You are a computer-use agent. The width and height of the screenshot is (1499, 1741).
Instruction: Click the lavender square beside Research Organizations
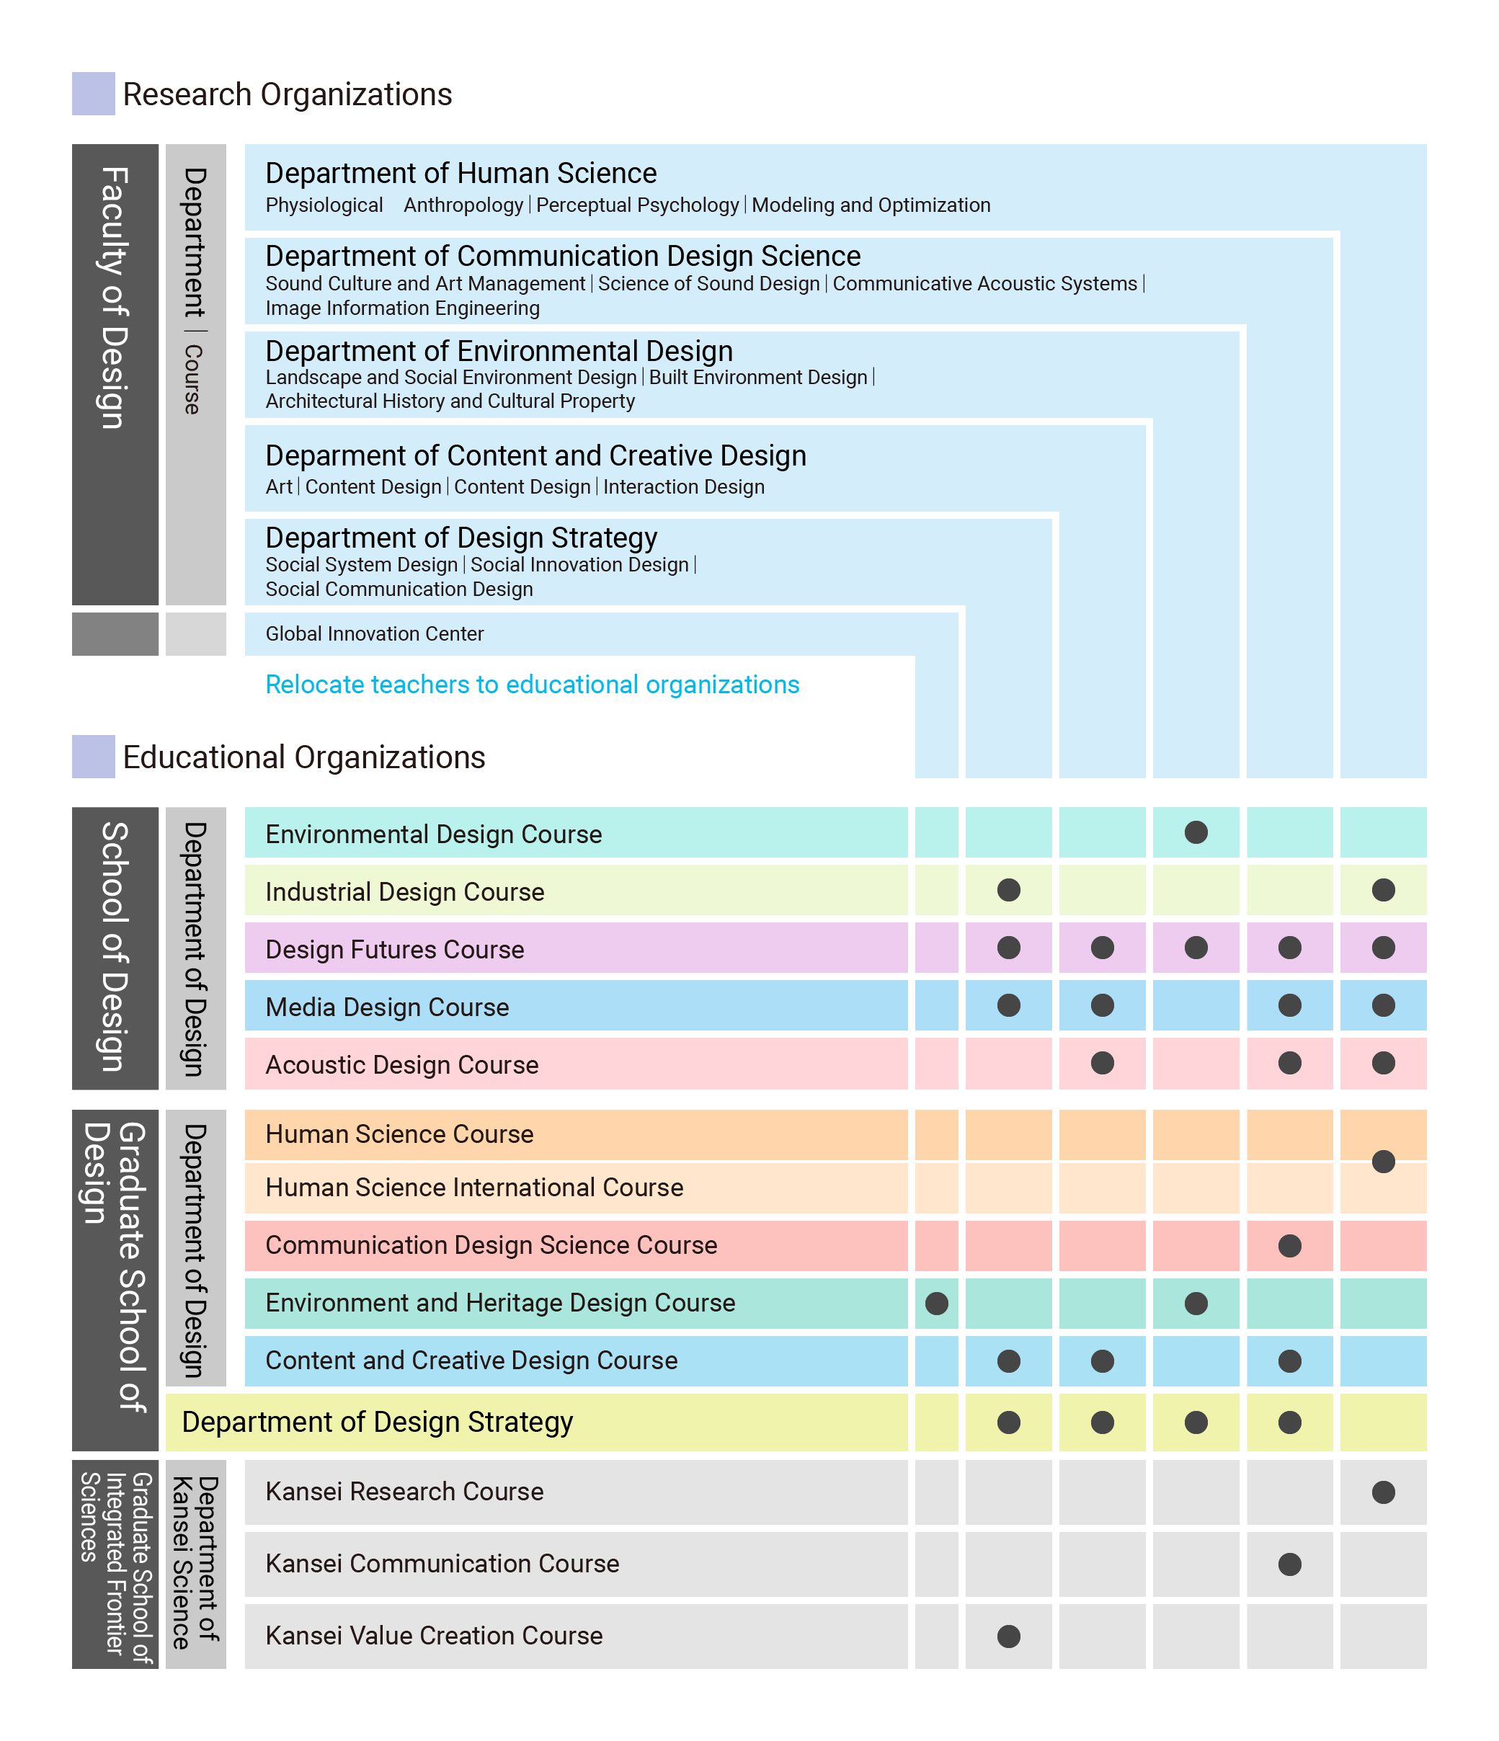93,93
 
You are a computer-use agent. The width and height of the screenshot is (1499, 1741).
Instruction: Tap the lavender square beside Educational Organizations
93,756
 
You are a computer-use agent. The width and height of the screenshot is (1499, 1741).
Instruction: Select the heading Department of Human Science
461,173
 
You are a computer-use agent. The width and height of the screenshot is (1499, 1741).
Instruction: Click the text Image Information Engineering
402,308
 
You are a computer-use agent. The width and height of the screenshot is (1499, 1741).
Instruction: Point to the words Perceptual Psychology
638,205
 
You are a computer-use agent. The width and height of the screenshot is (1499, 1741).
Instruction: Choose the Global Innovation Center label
375,633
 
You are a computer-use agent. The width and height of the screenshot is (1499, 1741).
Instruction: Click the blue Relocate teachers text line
533,685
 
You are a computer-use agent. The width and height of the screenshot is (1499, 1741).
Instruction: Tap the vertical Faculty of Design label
115,298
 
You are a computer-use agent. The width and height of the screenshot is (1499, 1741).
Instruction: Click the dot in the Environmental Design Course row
1196,833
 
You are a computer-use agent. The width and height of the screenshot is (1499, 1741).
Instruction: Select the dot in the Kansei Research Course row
1383,1492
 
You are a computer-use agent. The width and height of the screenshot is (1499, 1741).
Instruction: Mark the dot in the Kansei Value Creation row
1008,1636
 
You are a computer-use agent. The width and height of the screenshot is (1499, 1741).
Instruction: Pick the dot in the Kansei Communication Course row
1290,1564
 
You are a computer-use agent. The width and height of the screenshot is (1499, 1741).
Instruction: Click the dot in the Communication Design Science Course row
1290,1245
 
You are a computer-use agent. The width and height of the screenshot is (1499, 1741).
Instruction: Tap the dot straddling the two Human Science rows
1383,1161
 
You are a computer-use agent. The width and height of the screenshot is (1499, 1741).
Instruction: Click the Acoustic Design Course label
401,1064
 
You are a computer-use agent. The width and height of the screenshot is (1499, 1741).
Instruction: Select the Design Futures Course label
395,950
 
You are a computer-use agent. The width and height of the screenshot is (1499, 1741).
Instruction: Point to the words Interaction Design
684,487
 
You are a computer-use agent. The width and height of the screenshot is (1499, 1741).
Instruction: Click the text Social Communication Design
399,589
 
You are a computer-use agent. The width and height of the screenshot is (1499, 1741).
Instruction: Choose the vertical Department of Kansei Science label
196,1563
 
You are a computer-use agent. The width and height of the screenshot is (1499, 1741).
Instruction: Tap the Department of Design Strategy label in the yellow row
377,1422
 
